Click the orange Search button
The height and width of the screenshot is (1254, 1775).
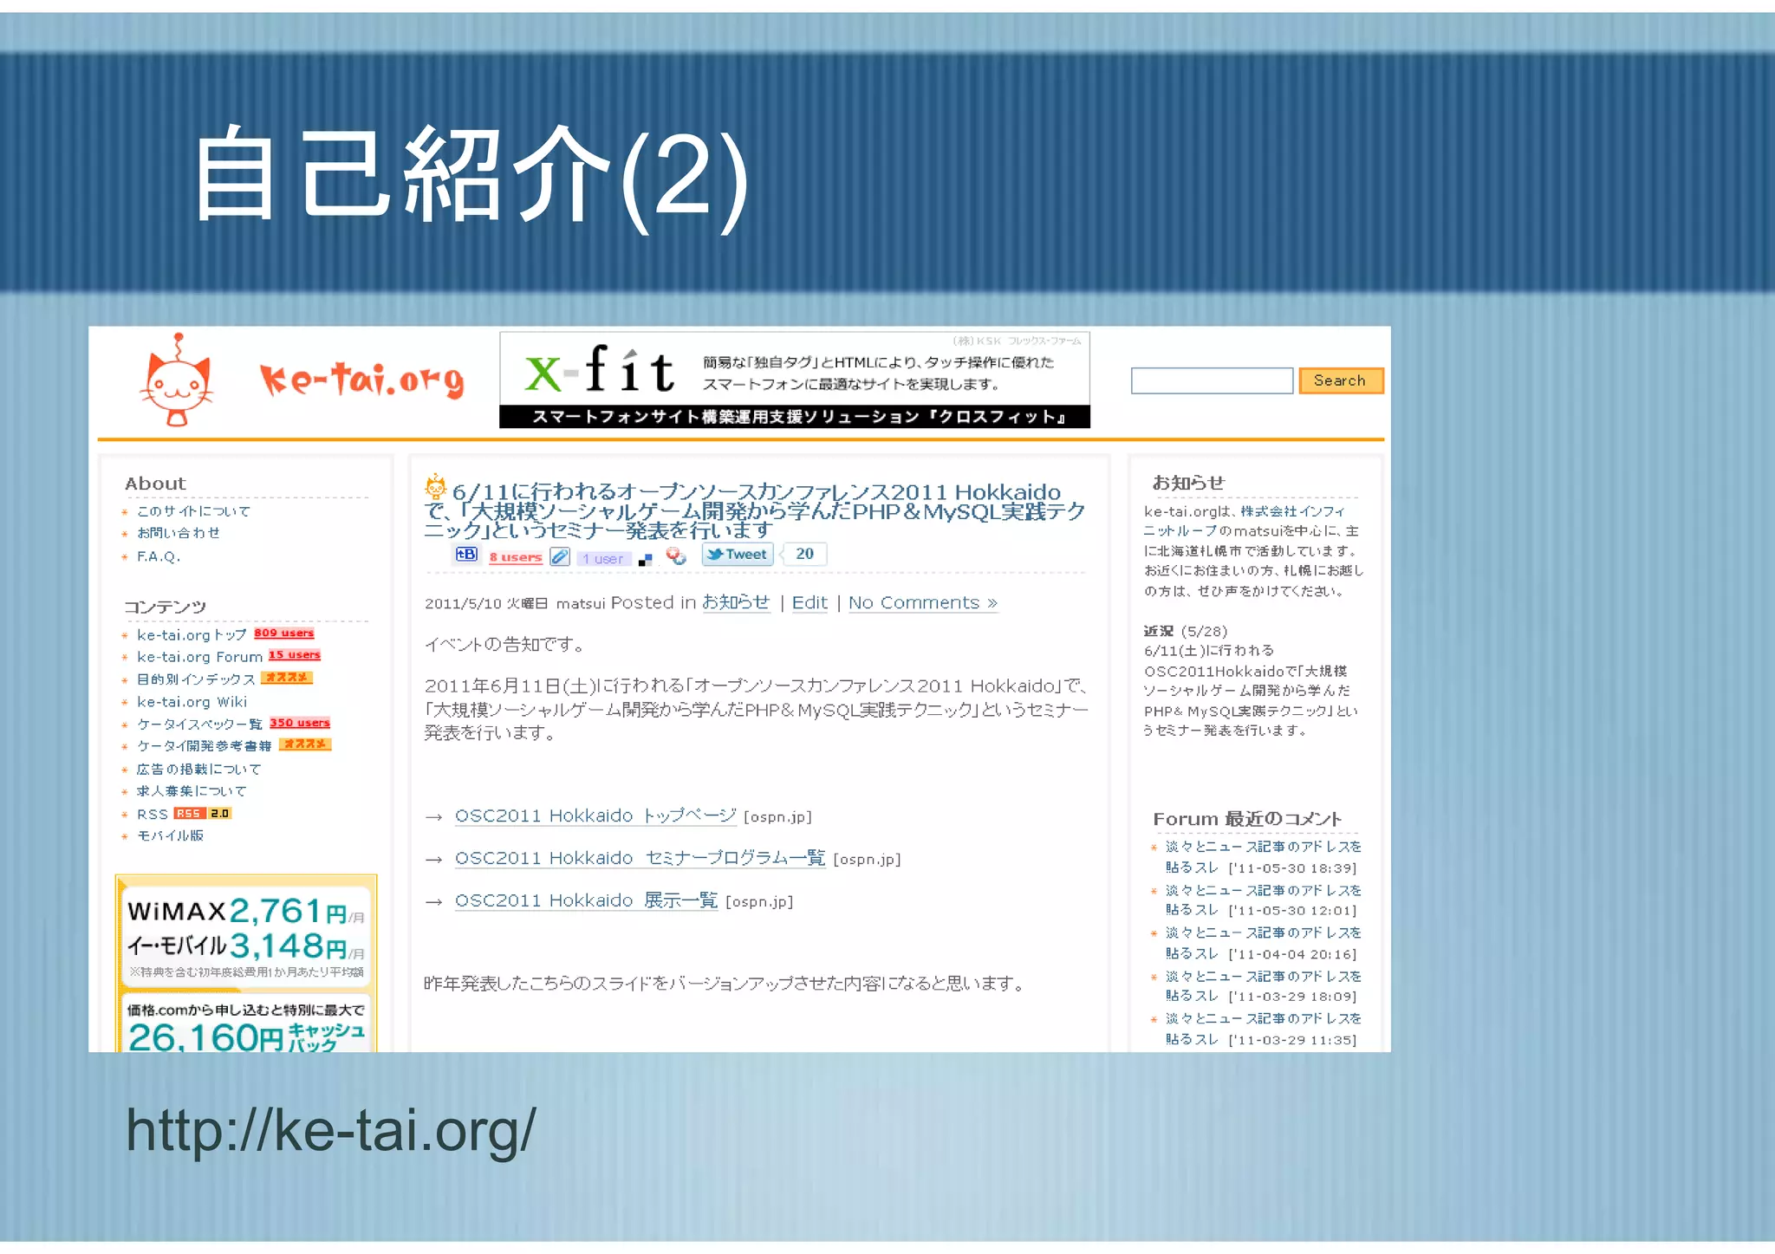(x=1340, y=380)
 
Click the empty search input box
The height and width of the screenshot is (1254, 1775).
(x=1211, y=380)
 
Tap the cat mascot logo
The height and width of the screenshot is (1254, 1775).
(x=177, y=382)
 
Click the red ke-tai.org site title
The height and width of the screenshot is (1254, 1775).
(x=361, y=380)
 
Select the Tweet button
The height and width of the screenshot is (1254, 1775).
(x=738, y=555)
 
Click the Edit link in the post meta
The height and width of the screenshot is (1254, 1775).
(x=809, y=602)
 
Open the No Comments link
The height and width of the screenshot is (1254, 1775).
(x=922, y=602)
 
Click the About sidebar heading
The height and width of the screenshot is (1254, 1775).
(x=155, y=484)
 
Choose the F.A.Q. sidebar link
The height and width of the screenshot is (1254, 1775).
(x=159, y=556)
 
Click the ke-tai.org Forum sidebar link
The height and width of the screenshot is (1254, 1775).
(x=199, y=657)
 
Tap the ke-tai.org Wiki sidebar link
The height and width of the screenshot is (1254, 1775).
(x=192, y=702)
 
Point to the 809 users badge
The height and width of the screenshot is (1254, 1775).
(x=284, y=633)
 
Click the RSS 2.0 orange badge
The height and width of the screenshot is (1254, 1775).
(x=203, y=814)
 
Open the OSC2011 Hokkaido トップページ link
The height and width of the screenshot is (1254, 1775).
(x=595, y=815)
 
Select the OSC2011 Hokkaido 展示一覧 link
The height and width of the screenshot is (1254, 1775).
(x=586, y=900)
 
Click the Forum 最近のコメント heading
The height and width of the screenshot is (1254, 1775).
(x=1246, y=819)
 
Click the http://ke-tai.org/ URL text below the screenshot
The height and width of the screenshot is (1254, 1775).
(x=331, y=1130)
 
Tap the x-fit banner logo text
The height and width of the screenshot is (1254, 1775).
(x=600, y=371)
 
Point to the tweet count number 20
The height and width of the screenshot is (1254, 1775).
(x=804, y=554)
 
